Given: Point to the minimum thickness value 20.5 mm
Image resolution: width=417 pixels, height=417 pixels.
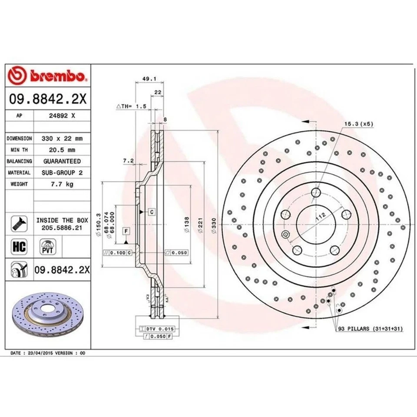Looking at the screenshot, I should tap(63, 150).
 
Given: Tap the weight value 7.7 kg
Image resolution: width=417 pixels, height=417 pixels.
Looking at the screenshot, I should tap(63, 184).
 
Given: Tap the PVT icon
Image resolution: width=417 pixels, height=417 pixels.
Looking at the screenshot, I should tap(46, 246).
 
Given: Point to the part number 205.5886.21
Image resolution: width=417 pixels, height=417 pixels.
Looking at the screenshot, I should tap(62, 227).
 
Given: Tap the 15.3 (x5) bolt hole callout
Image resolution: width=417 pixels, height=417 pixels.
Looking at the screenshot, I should tap(359, 124).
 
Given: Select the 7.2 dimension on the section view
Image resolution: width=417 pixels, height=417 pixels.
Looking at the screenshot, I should tap(128, 161).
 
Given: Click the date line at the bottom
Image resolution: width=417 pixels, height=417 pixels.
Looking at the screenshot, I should tap(48, 354).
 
